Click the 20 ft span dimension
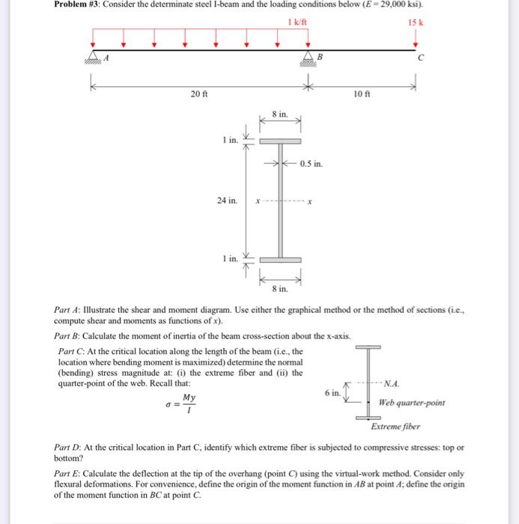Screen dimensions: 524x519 click(198, 95)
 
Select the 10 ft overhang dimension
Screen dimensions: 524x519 click(362, 95)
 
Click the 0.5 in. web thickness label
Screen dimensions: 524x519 click(312, 163)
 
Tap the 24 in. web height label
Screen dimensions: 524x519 click(228, 201)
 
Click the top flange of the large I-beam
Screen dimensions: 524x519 click(279, 141)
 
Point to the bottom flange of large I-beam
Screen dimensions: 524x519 click(279, 259)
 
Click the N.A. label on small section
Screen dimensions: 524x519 click(391, 384)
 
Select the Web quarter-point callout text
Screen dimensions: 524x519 click(412, 403)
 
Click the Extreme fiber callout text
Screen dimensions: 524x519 click(395, 427)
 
